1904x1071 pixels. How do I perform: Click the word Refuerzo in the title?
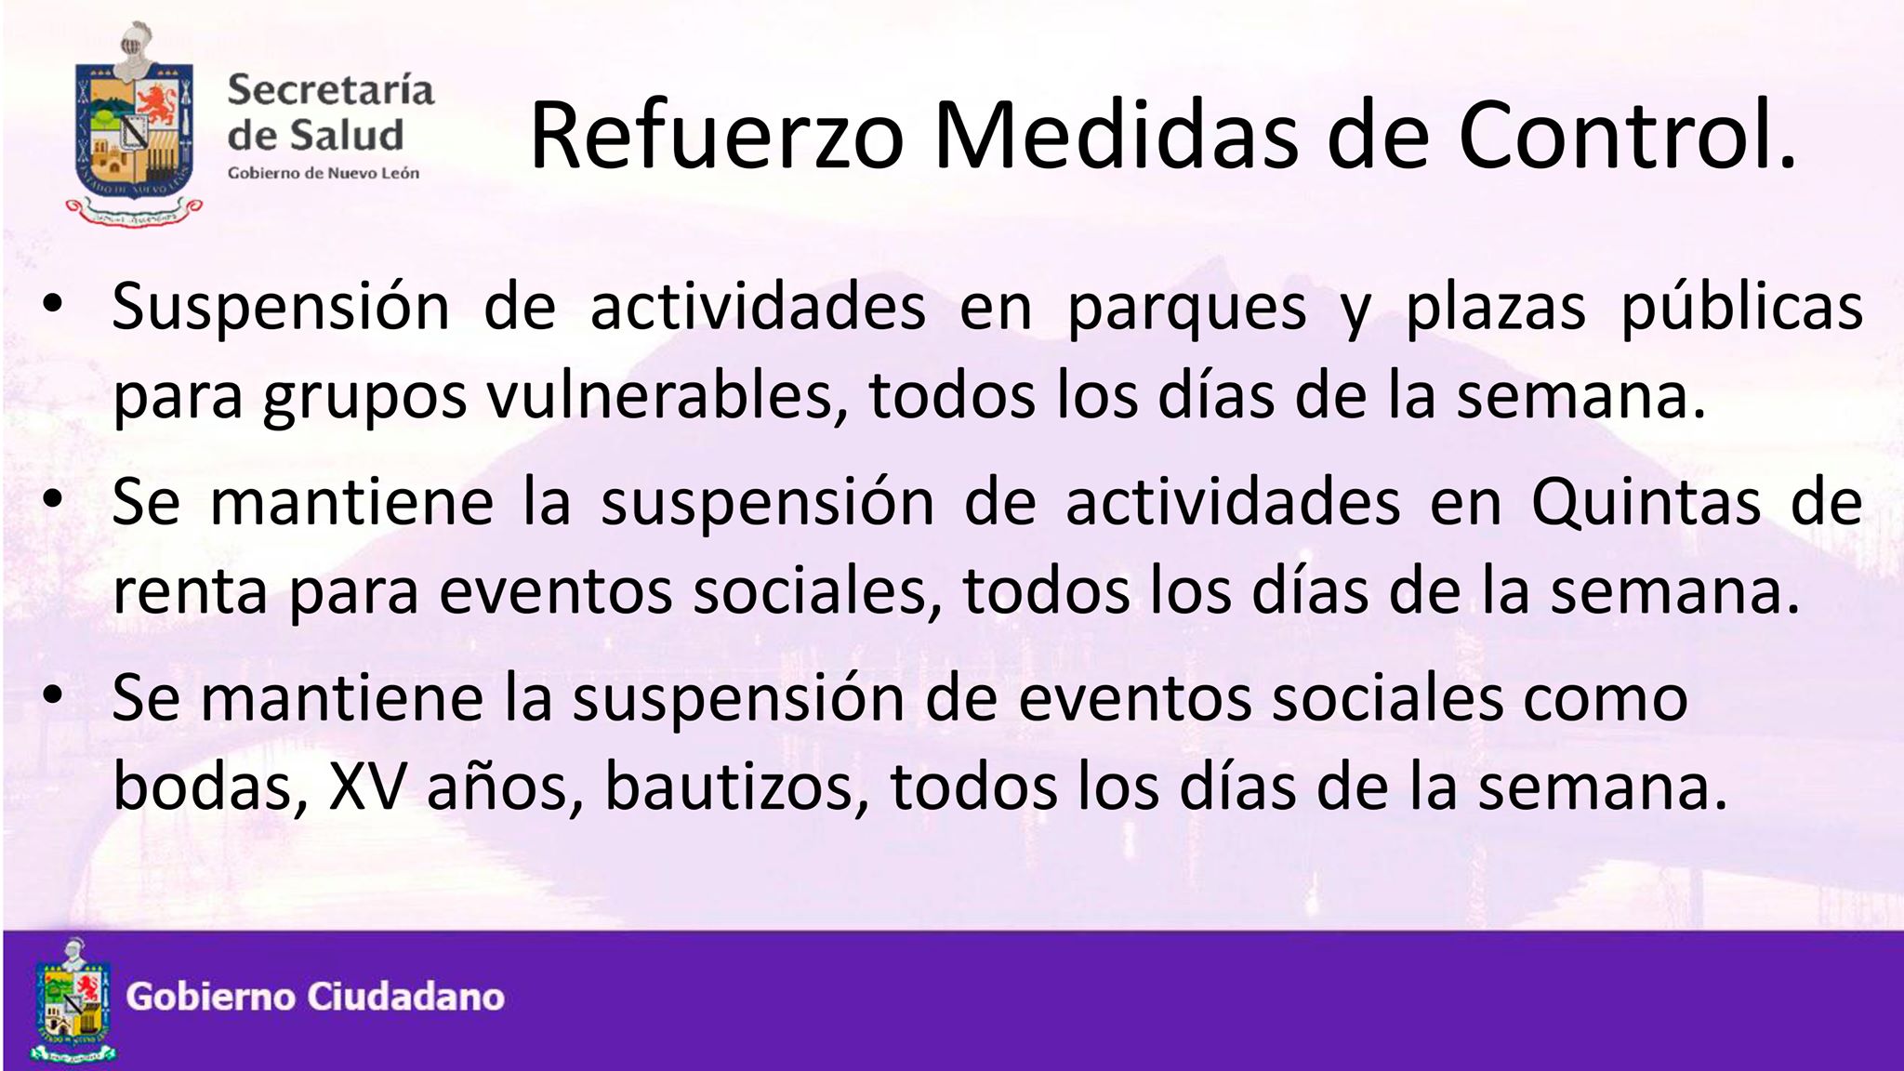point(717,135)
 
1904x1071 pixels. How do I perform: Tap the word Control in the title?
point(1617,135)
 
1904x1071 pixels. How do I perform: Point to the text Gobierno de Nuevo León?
point(324,173)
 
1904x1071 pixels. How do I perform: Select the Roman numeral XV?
point(367,788)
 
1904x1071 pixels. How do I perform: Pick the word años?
point(505,788)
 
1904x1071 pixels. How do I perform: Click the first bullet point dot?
point(53,305)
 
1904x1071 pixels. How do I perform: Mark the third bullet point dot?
point(53,696)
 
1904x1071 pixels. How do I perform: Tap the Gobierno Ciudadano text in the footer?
point(316,998)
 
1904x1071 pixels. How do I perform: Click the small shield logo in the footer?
point(74,1000)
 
